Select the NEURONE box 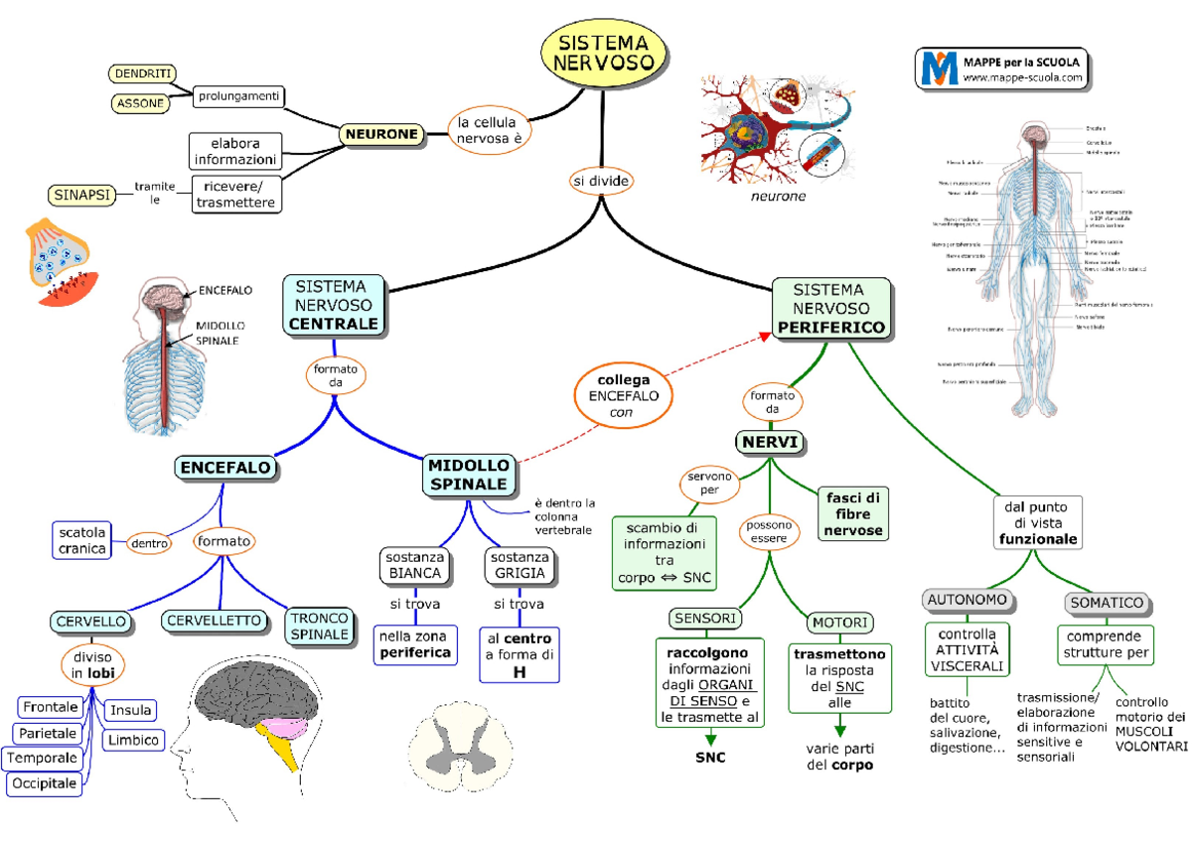[381, 134]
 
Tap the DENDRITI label [141, 73]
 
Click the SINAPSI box [81, 194]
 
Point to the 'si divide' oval [601, 181]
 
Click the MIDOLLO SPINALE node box [469, 475]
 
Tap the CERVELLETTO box [216, 621]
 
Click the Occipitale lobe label [44, 783]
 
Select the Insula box [131, 710]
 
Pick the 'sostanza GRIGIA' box [518, 565]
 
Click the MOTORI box [839, 623]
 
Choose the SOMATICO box [1106, 603]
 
